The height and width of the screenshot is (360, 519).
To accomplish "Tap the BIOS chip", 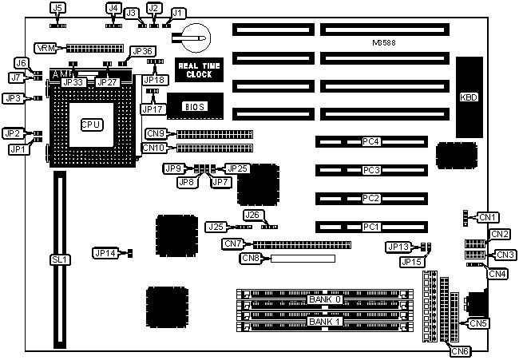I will coord(195,105).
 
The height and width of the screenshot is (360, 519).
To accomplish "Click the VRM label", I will coord(46,49).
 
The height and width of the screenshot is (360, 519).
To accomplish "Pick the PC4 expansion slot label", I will coord(370,142).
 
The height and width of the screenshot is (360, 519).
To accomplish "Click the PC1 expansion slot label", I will coord(370,227).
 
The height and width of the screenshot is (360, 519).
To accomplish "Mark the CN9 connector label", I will coord(156,133).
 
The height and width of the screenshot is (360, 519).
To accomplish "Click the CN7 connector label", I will coord(233,243).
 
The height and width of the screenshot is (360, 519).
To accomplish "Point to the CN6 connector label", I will coord(460,350).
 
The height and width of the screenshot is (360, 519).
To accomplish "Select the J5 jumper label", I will coord(57,7).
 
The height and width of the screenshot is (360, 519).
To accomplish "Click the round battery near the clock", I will coord(195,34).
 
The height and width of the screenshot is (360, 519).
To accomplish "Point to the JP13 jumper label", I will coord(398,247).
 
